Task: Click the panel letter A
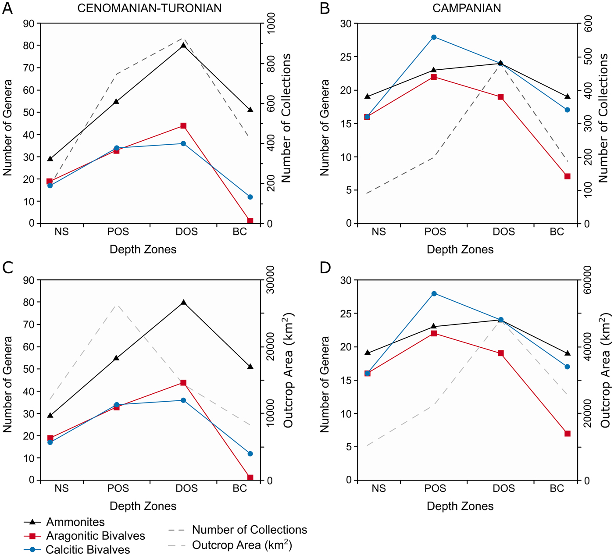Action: [7, 8]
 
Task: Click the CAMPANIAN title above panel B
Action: [467, 8]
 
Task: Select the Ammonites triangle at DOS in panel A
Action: [183, 46]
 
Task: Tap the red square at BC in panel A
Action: [250, 221]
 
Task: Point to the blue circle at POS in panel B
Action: [434, 37]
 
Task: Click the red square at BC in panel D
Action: [567, 433]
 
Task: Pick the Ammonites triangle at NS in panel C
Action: [50, 415]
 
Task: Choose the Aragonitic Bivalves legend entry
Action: [95, 536]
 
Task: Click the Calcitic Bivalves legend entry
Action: [88, 549]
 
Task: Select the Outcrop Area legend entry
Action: [242, 545]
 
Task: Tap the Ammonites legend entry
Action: [75, 522]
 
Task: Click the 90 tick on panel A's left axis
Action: [29, 23]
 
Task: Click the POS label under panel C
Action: [118, 488]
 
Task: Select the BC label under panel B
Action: [557, 232]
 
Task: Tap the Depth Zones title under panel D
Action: [460, 506]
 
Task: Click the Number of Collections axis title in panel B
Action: [604, 118]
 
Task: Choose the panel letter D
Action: [325, 267]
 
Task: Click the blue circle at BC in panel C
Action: [250, 453]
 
